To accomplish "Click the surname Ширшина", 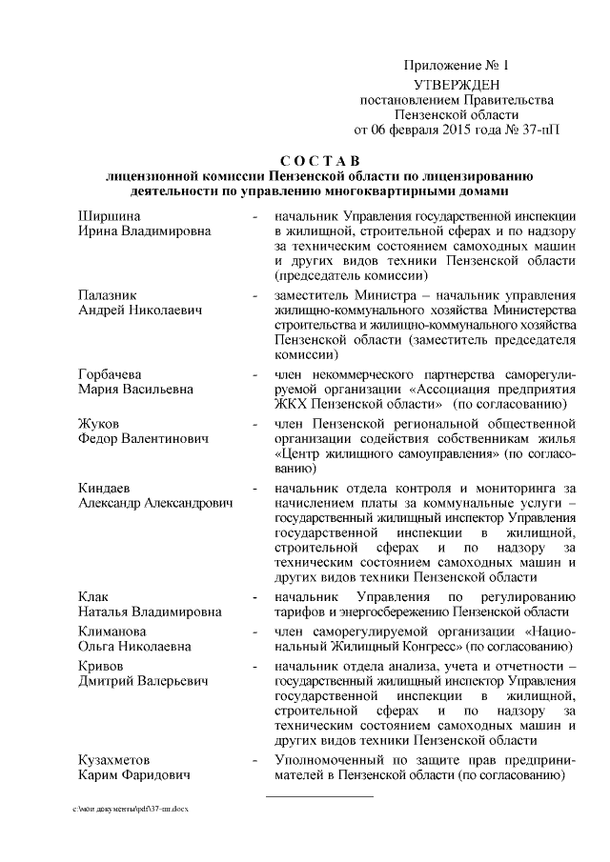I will pos(106,215).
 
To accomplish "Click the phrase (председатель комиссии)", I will pos(349,275).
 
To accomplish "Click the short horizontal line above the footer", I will pos(304,794).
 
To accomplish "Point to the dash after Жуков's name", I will pos(253,422).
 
